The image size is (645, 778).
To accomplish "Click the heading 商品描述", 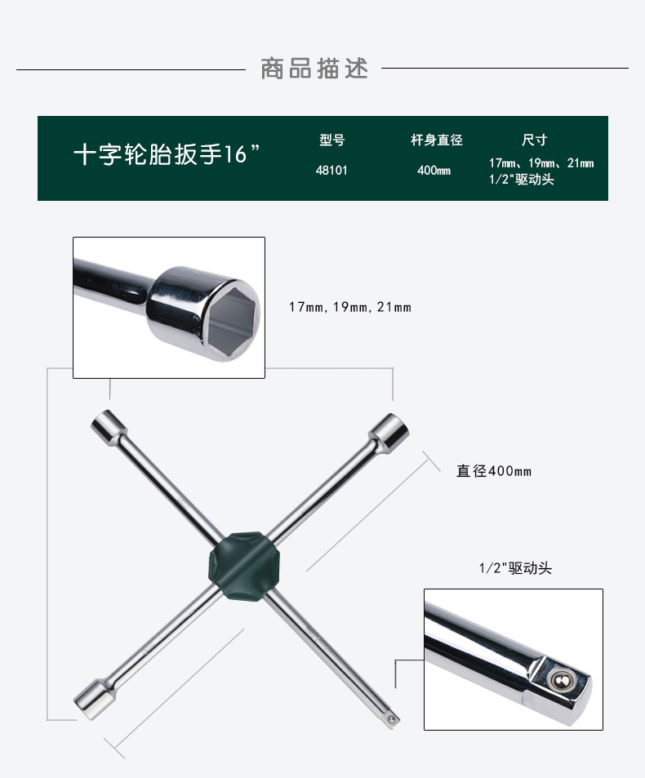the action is coord(314,69).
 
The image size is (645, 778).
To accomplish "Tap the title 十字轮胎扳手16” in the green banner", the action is coord(167,154).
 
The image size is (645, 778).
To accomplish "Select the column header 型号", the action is coord(332,140).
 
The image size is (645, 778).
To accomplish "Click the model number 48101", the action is coord(331,170).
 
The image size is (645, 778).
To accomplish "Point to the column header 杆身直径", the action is coord(437,140).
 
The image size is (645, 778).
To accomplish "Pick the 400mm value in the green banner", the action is coord(434,170).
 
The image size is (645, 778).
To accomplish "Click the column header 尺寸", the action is coord(534,140).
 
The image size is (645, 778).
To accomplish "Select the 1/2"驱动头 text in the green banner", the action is coord(521,179).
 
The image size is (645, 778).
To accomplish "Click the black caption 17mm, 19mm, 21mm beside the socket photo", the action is coord(350,307).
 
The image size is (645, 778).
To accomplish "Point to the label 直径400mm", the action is coord(494,471).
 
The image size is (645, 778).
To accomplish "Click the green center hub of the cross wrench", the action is coord(244,566).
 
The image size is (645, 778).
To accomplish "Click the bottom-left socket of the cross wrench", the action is coord(94,699).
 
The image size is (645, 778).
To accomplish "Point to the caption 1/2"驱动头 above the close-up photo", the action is coord(515,568).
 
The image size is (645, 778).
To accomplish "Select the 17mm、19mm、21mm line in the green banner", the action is coord(541,162).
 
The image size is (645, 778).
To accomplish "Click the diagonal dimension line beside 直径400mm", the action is coord(367,515).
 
